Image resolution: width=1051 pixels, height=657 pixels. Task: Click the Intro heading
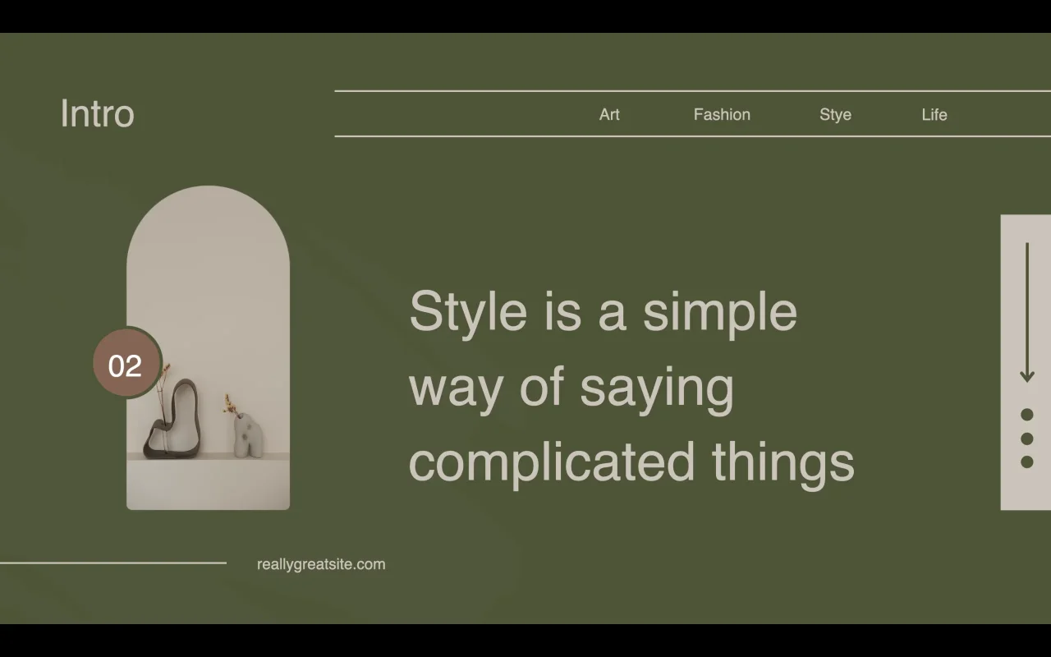98,113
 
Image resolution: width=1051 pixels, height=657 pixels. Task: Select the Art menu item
609,114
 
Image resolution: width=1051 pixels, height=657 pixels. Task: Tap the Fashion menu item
722,114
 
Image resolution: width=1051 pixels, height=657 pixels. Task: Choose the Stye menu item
835,115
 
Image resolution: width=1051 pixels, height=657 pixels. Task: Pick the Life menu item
934,114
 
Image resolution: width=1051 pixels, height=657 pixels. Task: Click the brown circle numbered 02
126,363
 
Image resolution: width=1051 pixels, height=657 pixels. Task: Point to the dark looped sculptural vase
173,419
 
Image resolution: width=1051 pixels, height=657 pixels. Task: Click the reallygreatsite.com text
321,564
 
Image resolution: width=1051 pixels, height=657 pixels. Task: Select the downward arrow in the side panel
1027,312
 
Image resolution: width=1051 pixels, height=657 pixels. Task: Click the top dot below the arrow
1027,415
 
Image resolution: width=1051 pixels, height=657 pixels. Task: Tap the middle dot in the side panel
1027,439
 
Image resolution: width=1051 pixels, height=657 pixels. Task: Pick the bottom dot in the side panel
1027,462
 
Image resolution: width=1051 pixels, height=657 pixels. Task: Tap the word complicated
551,464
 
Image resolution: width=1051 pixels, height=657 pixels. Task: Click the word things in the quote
783,464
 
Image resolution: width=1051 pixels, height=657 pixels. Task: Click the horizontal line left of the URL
113,563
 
